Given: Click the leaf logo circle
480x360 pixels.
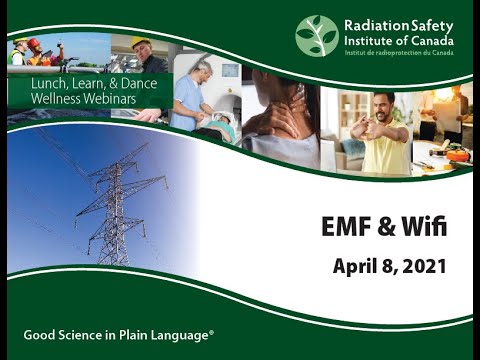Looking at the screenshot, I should (x=316, y=35).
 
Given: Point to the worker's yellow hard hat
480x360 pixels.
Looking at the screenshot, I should (x=141, y=44).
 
